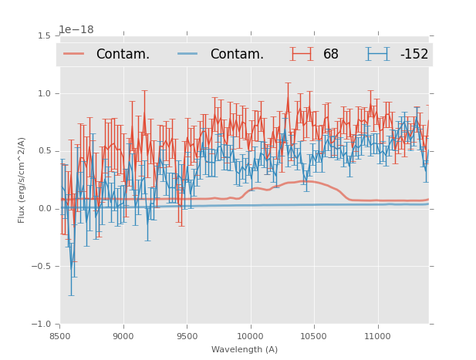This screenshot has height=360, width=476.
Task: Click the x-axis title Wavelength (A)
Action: click(245, 349)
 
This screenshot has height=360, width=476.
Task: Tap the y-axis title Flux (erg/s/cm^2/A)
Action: click(22, 180)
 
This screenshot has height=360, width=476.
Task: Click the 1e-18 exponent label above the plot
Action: click(76, 29)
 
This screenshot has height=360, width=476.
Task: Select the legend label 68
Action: click(331, 54)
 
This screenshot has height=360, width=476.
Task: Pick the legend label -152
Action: click(414, 54)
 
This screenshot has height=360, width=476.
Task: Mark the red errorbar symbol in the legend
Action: click(302, 54)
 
